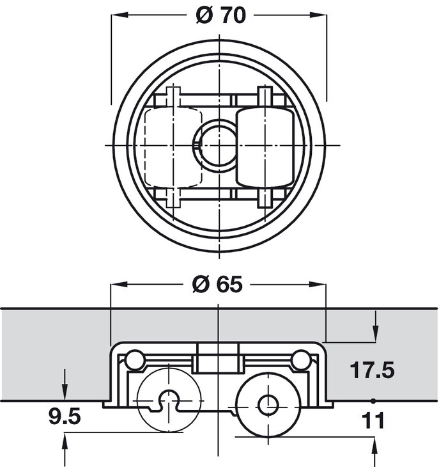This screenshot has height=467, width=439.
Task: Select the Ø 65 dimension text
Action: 217,285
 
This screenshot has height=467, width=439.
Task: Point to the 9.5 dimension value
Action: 64,417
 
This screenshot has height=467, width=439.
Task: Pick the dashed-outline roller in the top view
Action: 171,146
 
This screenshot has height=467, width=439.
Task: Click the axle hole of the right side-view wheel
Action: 267,404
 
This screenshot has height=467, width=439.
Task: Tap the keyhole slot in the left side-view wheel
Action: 169,400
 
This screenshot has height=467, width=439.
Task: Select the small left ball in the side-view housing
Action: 134,360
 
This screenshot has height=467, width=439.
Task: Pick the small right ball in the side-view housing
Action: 300,360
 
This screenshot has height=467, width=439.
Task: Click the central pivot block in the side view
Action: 217,358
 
